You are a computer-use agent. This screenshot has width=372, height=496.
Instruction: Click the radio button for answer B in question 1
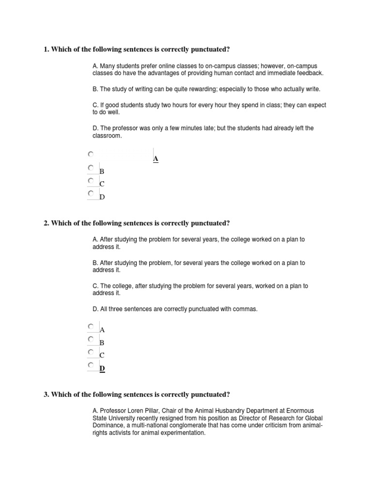click(91, 168)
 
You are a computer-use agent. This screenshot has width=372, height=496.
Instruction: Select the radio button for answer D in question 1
click(91, 193)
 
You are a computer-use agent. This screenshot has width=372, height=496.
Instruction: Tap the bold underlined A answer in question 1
click(155, 159)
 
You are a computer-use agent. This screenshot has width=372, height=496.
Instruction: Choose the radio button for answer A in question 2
click(91, 326)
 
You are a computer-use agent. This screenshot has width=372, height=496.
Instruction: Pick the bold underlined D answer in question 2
click(102, 369)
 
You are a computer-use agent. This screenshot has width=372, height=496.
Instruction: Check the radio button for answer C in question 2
click(91, 352)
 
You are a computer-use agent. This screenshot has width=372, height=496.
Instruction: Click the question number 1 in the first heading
click(46, 49)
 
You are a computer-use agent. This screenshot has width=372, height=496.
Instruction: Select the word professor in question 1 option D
click(127, 128)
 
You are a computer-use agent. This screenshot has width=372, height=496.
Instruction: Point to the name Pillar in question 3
click(155, 410)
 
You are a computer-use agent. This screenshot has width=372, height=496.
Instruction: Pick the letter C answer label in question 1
click(102, 184)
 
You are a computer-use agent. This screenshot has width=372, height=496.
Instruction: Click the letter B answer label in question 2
click(102, 342)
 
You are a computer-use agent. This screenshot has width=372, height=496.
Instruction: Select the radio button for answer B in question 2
click(91, 339)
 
